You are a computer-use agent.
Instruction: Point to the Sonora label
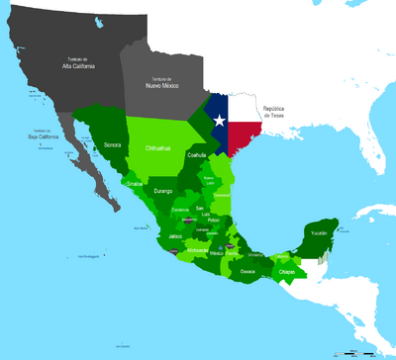point(112,145)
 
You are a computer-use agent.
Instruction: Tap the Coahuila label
point(198,155)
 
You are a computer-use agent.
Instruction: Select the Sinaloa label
point(135,184)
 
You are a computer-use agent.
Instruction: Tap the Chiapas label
point(286,270)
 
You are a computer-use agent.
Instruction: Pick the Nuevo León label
point(210,180)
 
